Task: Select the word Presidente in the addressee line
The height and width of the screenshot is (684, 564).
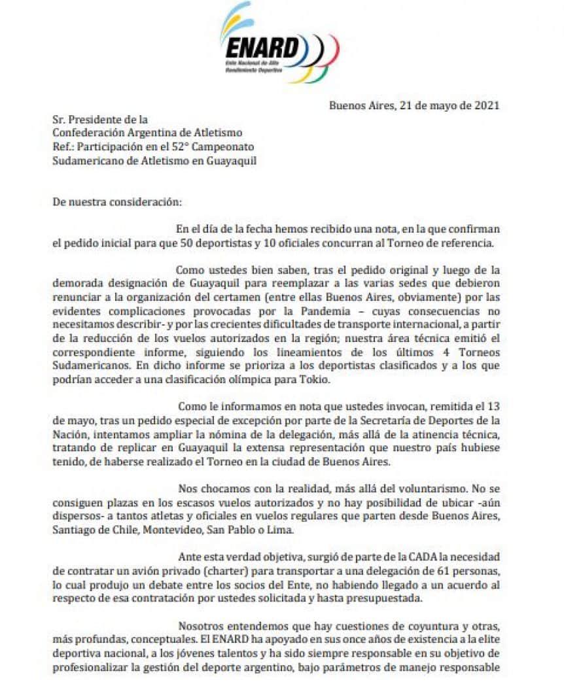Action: coord(98,120)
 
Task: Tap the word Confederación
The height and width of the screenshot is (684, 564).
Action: coord(86,133)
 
